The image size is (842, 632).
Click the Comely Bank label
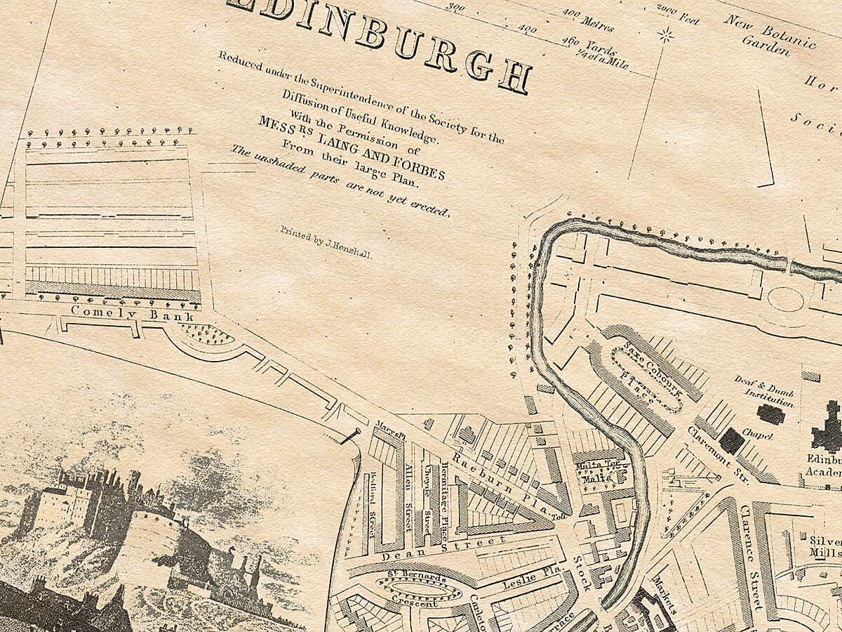pyautogui.click(x=132, y=313)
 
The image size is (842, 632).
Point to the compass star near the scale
pyautogui.click(x=664, y=34)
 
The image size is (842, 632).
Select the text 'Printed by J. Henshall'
pyautogui.click(x=326, y=243)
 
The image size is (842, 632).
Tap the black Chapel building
pyautogui.click(x=731, y=440)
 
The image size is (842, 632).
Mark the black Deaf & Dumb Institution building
pyautogui.click(x=770, y=414)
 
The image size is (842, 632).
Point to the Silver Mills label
pyautogui.click(x=825, y=546)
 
